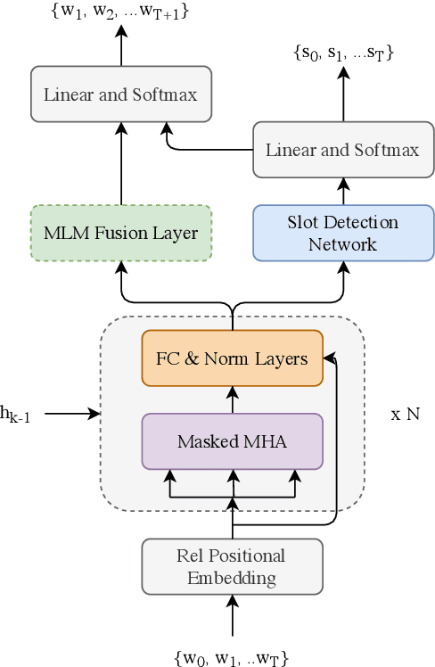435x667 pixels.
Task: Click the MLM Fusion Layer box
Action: tap(121, 233)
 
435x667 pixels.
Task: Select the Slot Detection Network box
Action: tap(342, 233)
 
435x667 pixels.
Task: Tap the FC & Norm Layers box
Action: tap(232, 358)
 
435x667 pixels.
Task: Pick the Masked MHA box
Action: tap(232, 441)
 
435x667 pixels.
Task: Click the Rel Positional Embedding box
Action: tap(232, 566)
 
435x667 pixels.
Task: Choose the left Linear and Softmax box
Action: tap(121, 94)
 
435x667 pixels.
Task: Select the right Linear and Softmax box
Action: tap(342, 149)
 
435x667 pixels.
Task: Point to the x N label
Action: tap(405, 415)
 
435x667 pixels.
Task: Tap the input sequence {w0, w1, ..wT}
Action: tap(232, 657)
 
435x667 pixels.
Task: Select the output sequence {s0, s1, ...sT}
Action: tap(342, 54)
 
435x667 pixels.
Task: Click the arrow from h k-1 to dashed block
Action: tap(71, 413)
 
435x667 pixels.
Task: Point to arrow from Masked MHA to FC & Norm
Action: tap(232, 399)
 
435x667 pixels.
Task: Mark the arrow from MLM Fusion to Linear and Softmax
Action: tap(121, 164)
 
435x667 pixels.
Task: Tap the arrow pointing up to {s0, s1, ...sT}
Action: tap(342, 94)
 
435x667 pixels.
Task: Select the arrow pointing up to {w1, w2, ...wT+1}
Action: tap(121, 45)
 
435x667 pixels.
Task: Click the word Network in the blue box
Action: tap(342, 243)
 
